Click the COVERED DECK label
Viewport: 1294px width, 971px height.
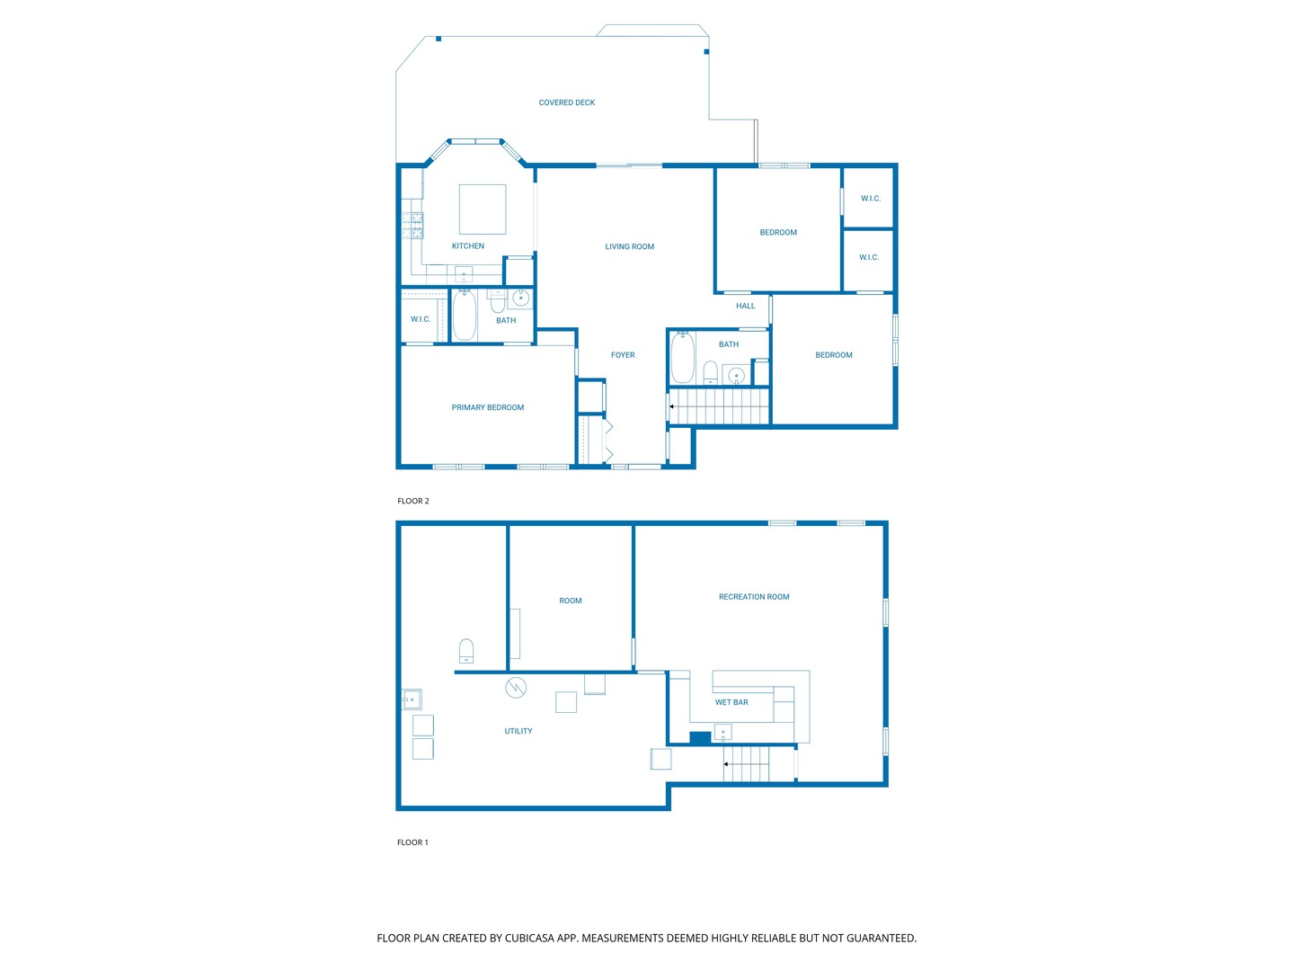pos(566,102)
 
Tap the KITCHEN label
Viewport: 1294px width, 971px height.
pos(467,245)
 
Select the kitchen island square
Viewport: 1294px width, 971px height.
pos(483,209)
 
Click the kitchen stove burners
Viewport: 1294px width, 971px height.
pos(412,225)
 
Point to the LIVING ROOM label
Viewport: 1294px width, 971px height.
pos(629,246)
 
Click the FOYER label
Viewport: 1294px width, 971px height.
pos(623,355)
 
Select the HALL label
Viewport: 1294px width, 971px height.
pos(745,306)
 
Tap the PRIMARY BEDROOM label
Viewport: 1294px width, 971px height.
pos(488,407)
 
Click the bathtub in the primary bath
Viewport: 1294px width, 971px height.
pos(464,315)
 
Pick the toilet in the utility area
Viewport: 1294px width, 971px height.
pos(465,650)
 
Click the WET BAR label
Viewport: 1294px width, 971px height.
pos(731,702)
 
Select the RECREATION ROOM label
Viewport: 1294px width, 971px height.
pos(753,597)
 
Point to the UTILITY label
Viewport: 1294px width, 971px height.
pos(518,731)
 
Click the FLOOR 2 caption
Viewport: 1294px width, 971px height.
pos(412,501)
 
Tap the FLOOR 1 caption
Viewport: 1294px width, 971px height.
pos(412,842)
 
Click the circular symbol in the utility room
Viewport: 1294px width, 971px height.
pos(515,688)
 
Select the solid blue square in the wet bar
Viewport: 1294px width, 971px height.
pos(700,737)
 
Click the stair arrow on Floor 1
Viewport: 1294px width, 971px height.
pos(746,764)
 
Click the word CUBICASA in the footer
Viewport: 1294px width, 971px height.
pos(528,938)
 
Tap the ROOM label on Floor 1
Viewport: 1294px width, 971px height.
pos(570,601)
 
